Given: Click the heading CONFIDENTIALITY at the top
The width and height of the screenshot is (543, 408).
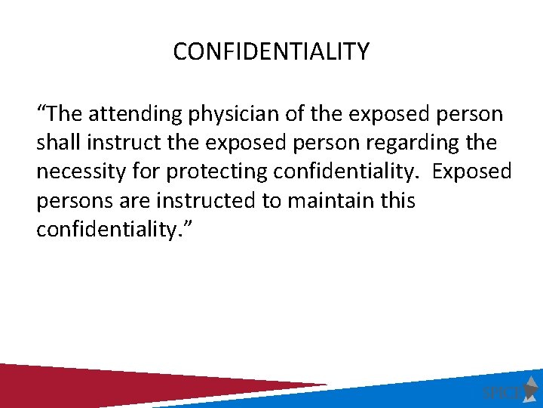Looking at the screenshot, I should [271, 51].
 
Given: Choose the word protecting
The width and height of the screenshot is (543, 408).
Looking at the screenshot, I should [216, 172].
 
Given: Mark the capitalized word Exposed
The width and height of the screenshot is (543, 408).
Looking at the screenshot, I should [471, 172].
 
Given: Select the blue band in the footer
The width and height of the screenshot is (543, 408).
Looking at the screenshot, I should [377, 393].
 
